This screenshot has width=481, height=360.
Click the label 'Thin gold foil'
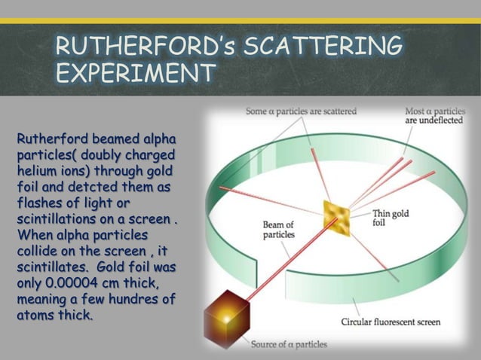tap(391, 218)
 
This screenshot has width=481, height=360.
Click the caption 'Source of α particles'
tap(290, 344)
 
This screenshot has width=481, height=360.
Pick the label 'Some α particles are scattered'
tap(302, 111)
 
